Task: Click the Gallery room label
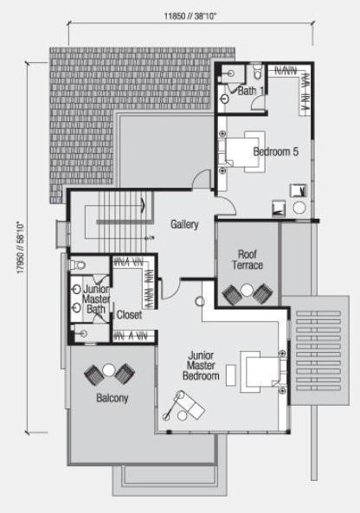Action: click(x=184, y=224)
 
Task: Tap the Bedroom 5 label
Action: click(x=275, y=151)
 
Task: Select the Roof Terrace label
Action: click(x=247, y=260)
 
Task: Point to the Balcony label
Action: click(x=112, y=398)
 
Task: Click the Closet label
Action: click(x=129, y=315)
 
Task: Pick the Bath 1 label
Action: click(x=251, y=91)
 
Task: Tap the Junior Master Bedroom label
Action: click(x=201, y=365)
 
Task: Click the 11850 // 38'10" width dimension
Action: click(x=190, y=16)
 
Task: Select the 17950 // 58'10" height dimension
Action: click(x=21, y=247)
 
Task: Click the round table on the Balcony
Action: click(x=109, y=370)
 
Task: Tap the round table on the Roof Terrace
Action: click(x=247, y=290)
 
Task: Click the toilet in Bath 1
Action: click(x=258, y=73)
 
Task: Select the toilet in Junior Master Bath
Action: click(x=78, y=265)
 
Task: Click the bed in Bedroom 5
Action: click(x=245, y=151)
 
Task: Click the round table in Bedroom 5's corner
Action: click(x=299, y=208)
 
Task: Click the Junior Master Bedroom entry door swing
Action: click(x=170, y=289)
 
